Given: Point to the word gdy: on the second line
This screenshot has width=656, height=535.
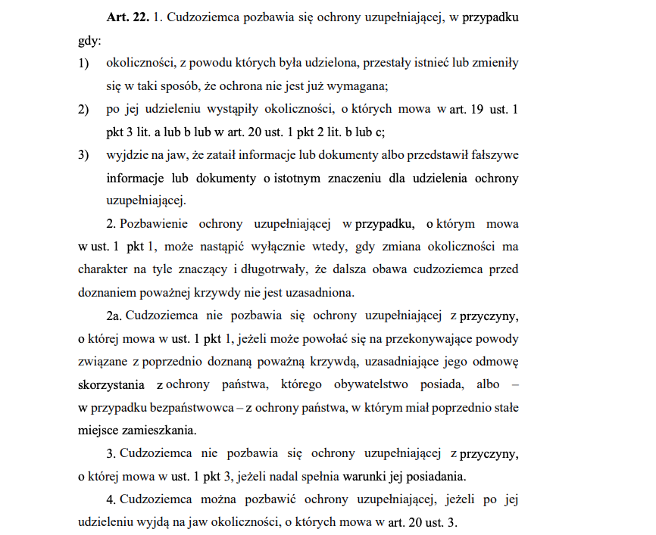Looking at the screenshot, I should coord(89,40).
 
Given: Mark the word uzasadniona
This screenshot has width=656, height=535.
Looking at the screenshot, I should coord(323,293).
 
